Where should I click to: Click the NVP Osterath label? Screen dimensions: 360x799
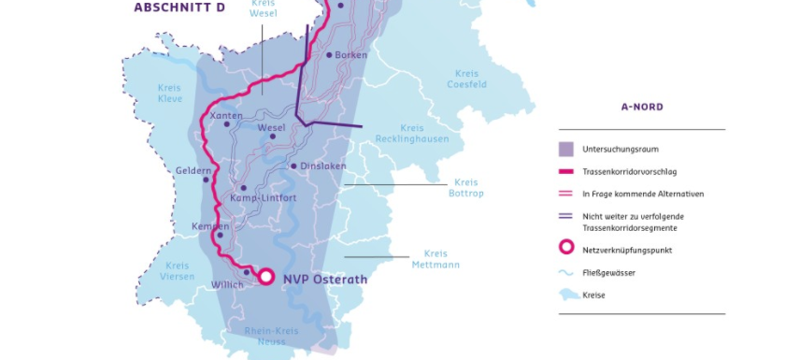pyautogui.click(x=324, y=279)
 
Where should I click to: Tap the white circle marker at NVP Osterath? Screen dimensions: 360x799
pyautogui.click(x=265, y=277)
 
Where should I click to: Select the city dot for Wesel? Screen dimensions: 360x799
pyautogui.click(x=273, y=137)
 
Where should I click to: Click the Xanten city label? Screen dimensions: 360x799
pyautogui.click(x=226, y=116)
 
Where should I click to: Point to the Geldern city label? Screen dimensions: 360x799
pyautogui.click(x=193, y=170)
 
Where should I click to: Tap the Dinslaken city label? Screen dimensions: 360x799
pyautogui.click(x=323, y=166)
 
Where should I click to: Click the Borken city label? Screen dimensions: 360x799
pyautogui.click(x=351, y=55)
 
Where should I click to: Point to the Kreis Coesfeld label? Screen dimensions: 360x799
pyautogui.click(x=467, y=79)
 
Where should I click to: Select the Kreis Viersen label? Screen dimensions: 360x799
pyautogui.click(x=177, y=271)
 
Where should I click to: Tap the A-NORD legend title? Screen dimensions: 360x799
pyautogui.click(x=641, y=108)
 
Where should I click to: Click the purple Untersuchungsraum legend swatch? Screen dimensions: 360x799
pyautogui.click(x=566, y=149)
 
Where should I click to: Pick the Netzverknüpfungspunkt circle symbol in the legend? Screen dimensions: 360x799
pyautogui.click(x=566, y=250)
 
